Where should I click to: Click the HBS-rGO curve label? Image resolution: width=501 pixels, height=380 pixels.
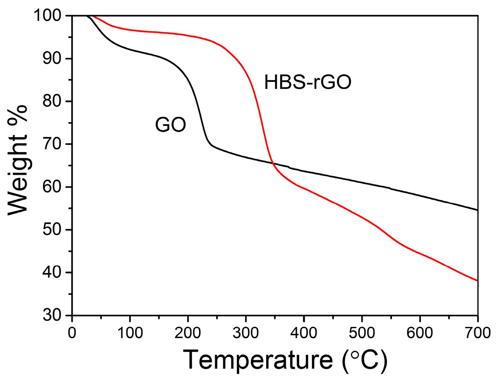tap(307, 83)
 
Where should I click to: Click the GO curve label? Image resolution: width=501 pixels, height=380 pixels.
tap(170, 125)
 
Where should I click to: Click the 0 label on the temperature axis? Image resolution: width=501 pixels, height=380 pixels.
tap(72, 333)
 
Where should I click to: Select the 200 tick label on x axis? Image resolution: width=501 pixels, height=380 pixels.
tap(188, 333)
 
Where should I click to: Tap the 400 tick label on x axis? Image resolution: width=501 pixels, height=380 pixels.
tap(304, 333)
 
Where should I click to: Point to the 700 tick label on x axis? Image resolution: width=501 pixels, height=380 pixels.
tap(477, 333)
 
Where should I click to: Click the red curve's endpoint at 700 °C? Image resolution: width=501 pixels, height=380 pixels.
tap(477, 281)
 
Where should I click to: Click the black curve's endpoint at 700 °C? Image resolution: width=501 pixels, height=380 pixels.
tap(477, 210)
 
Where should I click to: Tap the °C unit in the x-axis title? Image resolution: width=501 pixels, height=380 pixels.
tap(365, 360)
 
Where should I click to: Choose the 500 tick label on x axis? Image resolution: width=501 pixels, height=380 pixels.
tap(362, 333)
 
